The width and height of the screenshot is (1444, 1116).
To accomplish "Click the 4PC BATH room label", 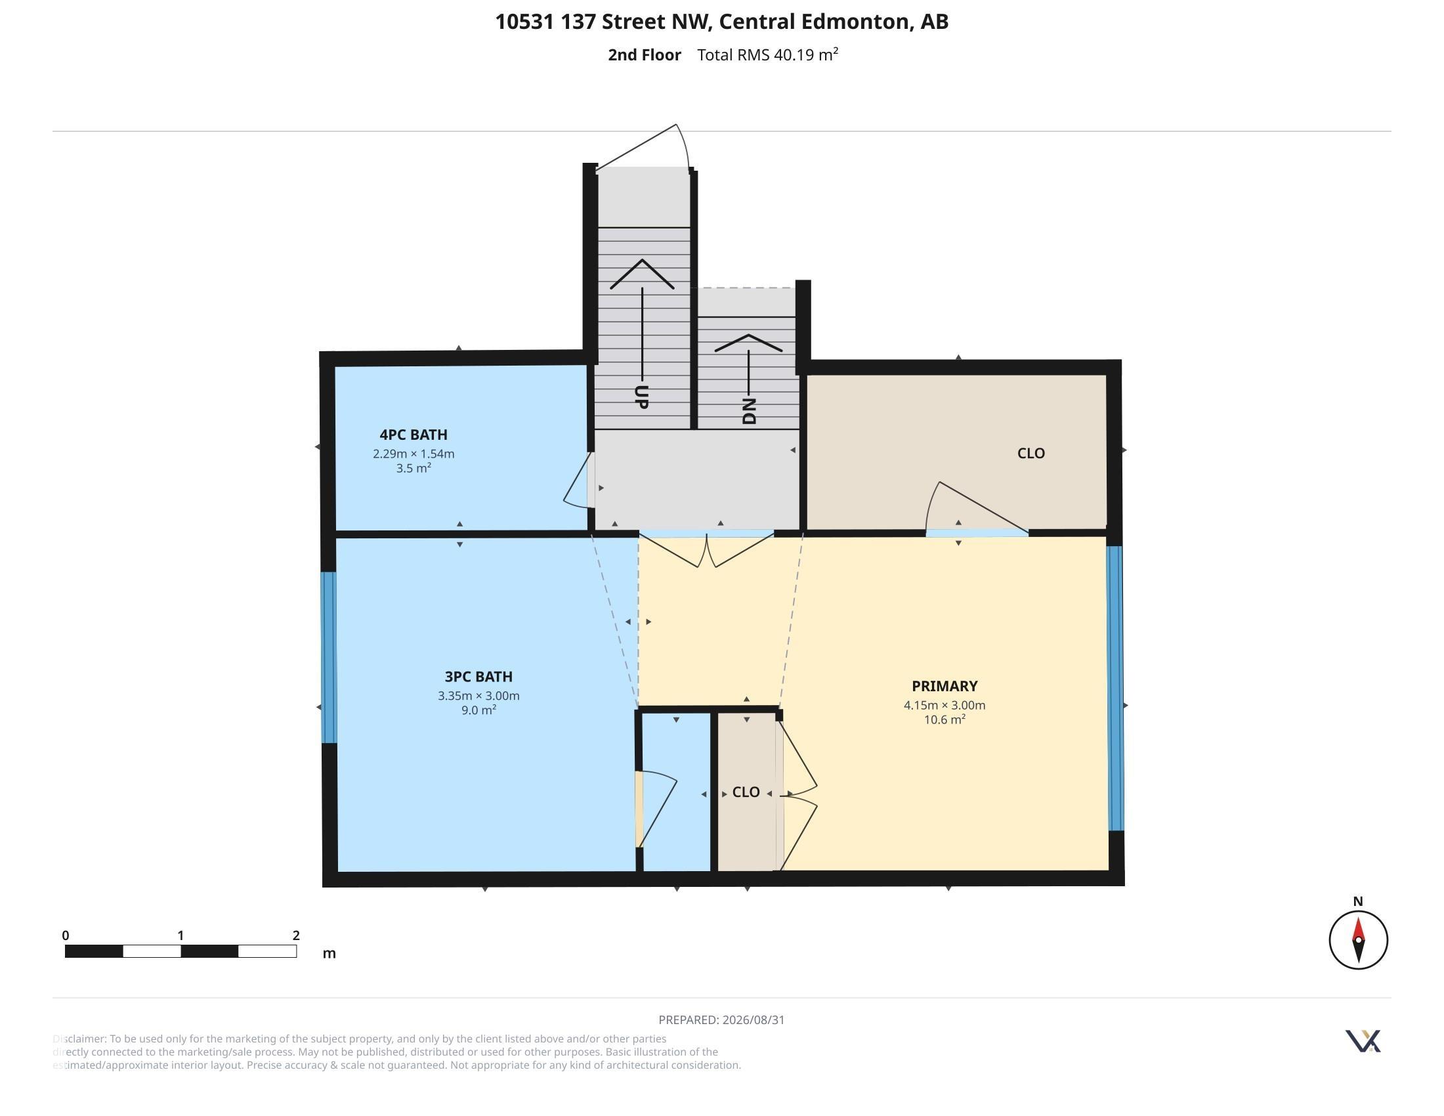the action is click(x=414, y=435).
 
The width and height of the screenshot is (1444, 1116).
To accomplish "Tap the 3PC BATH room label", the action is click(x=478, y=676).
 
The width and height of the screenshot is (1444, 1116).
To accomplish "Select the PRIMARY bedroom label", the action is click(x=944, y=685).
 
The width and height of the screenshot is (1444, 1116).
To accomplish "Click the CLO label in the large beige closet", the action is click(x=1030, y=453).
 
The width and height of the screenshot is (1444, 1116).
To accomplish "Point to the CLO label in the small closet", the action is click(x=746, y=792).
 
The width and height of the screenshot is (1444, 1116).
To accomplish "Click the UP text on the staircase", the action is click(x=641, y=397).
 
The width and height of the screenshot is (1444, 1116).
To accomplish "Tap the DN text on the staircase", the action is click(x=749, y=411).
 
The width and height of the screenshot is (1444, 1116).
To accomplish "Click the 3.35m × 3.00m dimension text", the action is click(x=478, y=695).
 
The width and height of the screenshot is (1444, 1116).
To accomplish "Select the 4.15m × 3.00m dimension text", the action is click(x=944, y=705).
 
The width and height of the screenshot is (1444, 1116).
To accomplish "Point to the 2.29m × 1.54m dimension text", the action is click(x=414, y=454).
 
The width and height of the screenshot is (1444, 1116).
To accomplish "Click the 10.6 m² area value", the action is click(x=944, y=719).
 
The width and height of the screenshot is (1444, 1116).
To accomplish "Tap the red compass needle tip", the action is click(x=1358, y=917).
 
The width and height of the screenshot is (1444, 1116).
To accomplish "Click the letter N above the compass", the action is click(x=1358, y=901).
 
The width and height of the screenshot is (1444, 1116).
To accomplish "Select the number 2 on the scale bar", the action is click(x=296, y=935).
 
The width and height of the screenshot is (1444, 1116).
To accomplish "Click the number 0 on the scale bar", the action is click(x=66, y=935).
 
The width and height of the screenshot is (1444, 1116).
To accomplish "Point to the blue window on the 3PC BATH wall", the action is click(x=329, y=657).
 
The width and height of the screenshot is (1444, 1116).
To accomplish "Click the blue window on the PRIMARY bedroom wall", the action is click(x=1115, y=687).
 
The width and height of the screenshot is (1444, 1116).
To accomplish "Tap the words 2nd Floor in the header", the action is click(x=644, y=55).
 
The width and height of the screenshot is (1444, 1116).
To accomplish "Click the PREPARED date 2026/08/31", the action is click(x=753, y=1019).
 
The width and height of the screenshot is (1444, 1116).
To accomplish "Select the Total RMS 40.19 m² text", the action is click(x=768, y=54).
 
